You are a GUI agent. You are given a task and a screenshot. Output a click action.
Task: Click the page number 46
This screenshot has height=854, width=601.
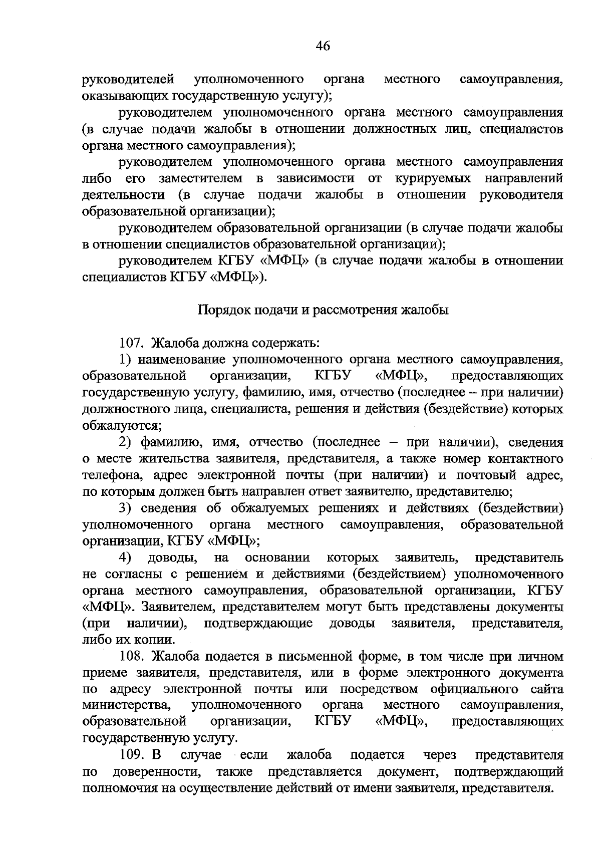point(323,47)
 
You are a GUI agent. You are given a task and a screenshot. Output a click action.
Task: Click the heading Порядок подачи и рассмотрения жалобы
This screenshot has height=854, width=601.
point(323,310)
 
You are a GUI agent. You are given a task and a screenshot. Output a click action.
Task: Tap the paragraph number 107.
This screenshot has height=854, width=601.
point(132,344)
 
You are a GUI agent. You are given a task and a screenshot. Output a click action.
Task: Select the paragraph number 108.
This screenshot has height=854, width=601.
point(132,656)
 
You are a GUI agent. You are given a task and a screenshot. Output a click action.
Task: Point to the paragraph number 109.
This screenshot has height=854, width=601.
point(132,755)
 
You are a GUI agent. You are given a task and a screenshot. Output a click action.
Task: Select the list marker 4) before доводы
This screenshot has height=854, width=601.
point(125,557)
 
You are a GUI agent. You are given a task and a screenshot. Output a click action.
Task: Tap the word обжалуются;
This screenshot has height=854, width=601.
point(122,426)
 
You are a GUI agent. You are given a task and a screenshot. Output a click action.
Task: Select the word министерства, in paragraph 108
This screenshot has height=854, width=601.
point(126,705)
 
